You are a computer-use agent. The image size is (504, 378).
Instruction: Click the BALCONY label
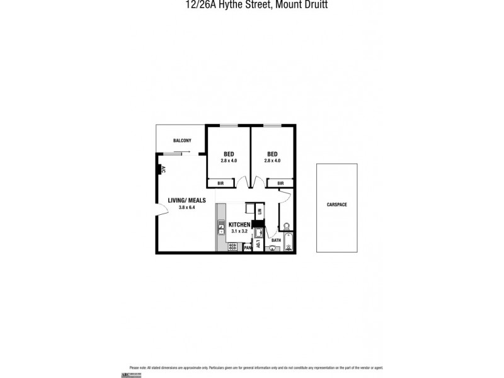pyautogui.click(x=182, y=140)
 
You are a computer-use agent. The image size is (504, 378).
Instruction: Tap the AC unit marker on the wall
pyautogui.click(x=161, y=169)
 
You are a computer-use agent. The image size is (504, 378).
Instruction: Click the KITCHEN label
pyautogui.click(x=239, y=225)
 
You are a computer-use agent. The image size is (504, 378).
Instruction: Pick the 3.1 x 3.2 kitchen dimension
pyautogui.click(x=239, y=231)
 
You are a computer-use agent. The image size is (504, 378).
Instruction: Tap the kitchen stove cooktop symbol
pyautogui.click(x=232, y=246)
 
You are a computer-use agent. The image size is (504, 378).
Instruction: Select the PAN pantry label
pyautogui.click(x=248, y=248)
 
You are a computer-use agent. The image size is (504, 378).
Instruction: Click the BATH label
pyautogui.click(x=276, y=240)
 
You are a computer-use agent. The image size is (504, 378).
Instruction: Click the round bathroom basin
pyautogui.click(x=272, y=248)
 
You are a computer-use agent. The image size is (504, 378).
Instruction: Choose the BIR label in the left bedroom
pyautogui.click(x=220, y=183)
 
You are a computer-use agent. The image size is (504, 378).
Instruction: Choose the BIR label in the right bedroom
pyautogui.click(x=280, y=183)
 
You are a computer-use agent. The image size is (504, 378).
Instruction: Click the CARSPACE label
pyautogui.click(x=337, y=205)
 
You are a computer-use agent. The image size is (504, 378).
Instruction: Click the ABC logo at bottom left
pyautogui.click(x=135, y=375)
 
